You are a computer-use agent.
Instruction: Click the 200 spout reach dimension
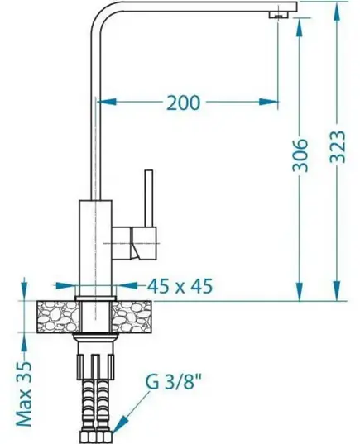(x=184, y=103)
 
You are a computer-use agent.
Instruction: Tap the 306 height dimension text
(x=300, y=155)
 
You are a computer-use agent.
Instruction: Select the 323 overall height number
(x=338, y=146)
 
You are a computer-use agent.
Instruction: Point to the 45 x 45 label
(x=180, y=286)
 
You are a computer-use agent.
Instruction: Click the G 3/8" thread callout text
(x=174, y=382)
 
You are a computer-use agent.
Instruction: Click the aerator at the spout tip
(x=278, y=14)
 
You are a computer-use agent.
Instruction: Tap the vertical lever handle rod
(x=148, y=198)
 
